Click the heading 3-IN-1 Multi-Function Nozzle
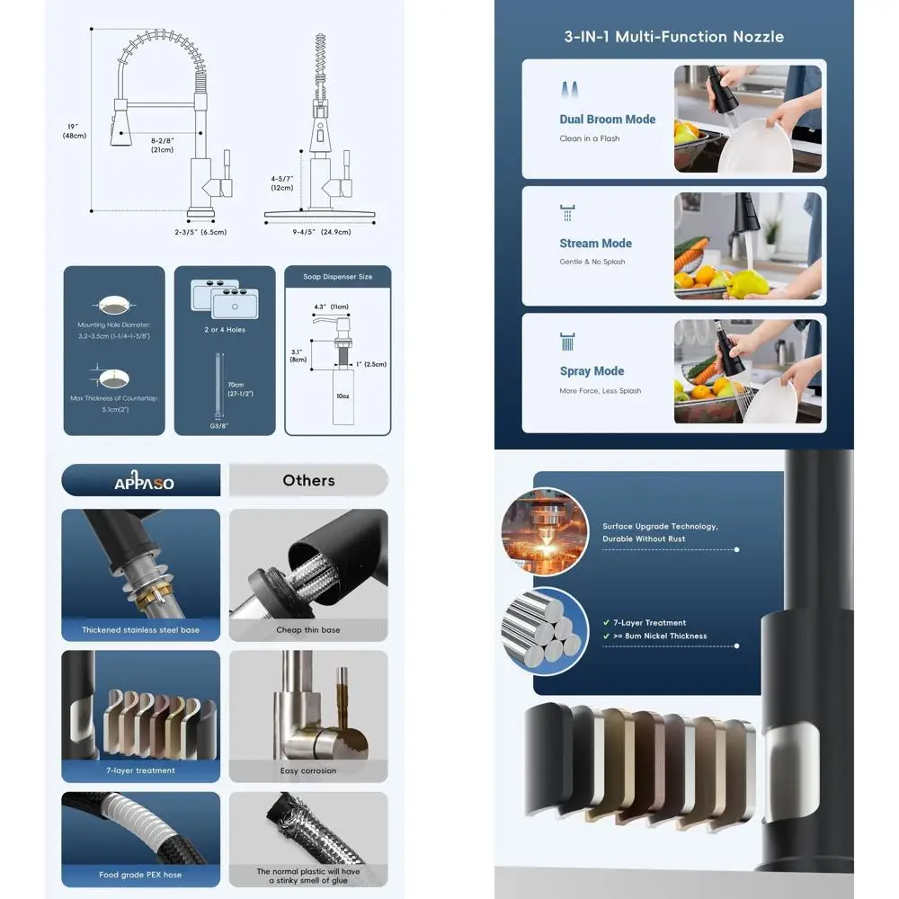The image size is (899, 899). pos(673,37)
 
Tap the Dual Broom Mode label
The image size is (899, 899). pos(607,120)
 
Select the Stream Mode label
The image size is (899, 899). pos(595,244)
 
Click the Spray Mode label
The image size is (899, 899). pos(592,371)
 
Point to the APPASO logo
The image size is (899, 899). pos(144,483)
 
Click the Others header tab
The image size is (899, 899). pos(308,480)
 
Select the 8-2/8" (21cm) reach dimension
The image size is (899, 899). pos(162,145)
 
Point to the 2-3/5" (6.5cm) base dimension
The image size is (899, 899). pos(200,232)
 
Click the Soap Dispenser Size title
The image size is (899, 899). pos(338,277)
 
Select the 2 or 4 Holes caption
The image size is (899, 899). pos(225,330)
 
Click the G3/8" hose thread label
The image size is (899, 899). pos(216,426)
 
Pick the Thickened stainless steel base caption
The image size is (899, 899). pos(141,630)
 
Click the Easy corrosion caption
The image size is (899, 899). pos(307,770)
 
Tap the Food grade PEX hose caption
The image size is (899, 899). pos(140,875)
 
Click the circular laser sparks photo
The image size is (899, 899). pos(545,531)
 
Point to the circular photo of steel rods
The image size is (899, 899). pos(545,630)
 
